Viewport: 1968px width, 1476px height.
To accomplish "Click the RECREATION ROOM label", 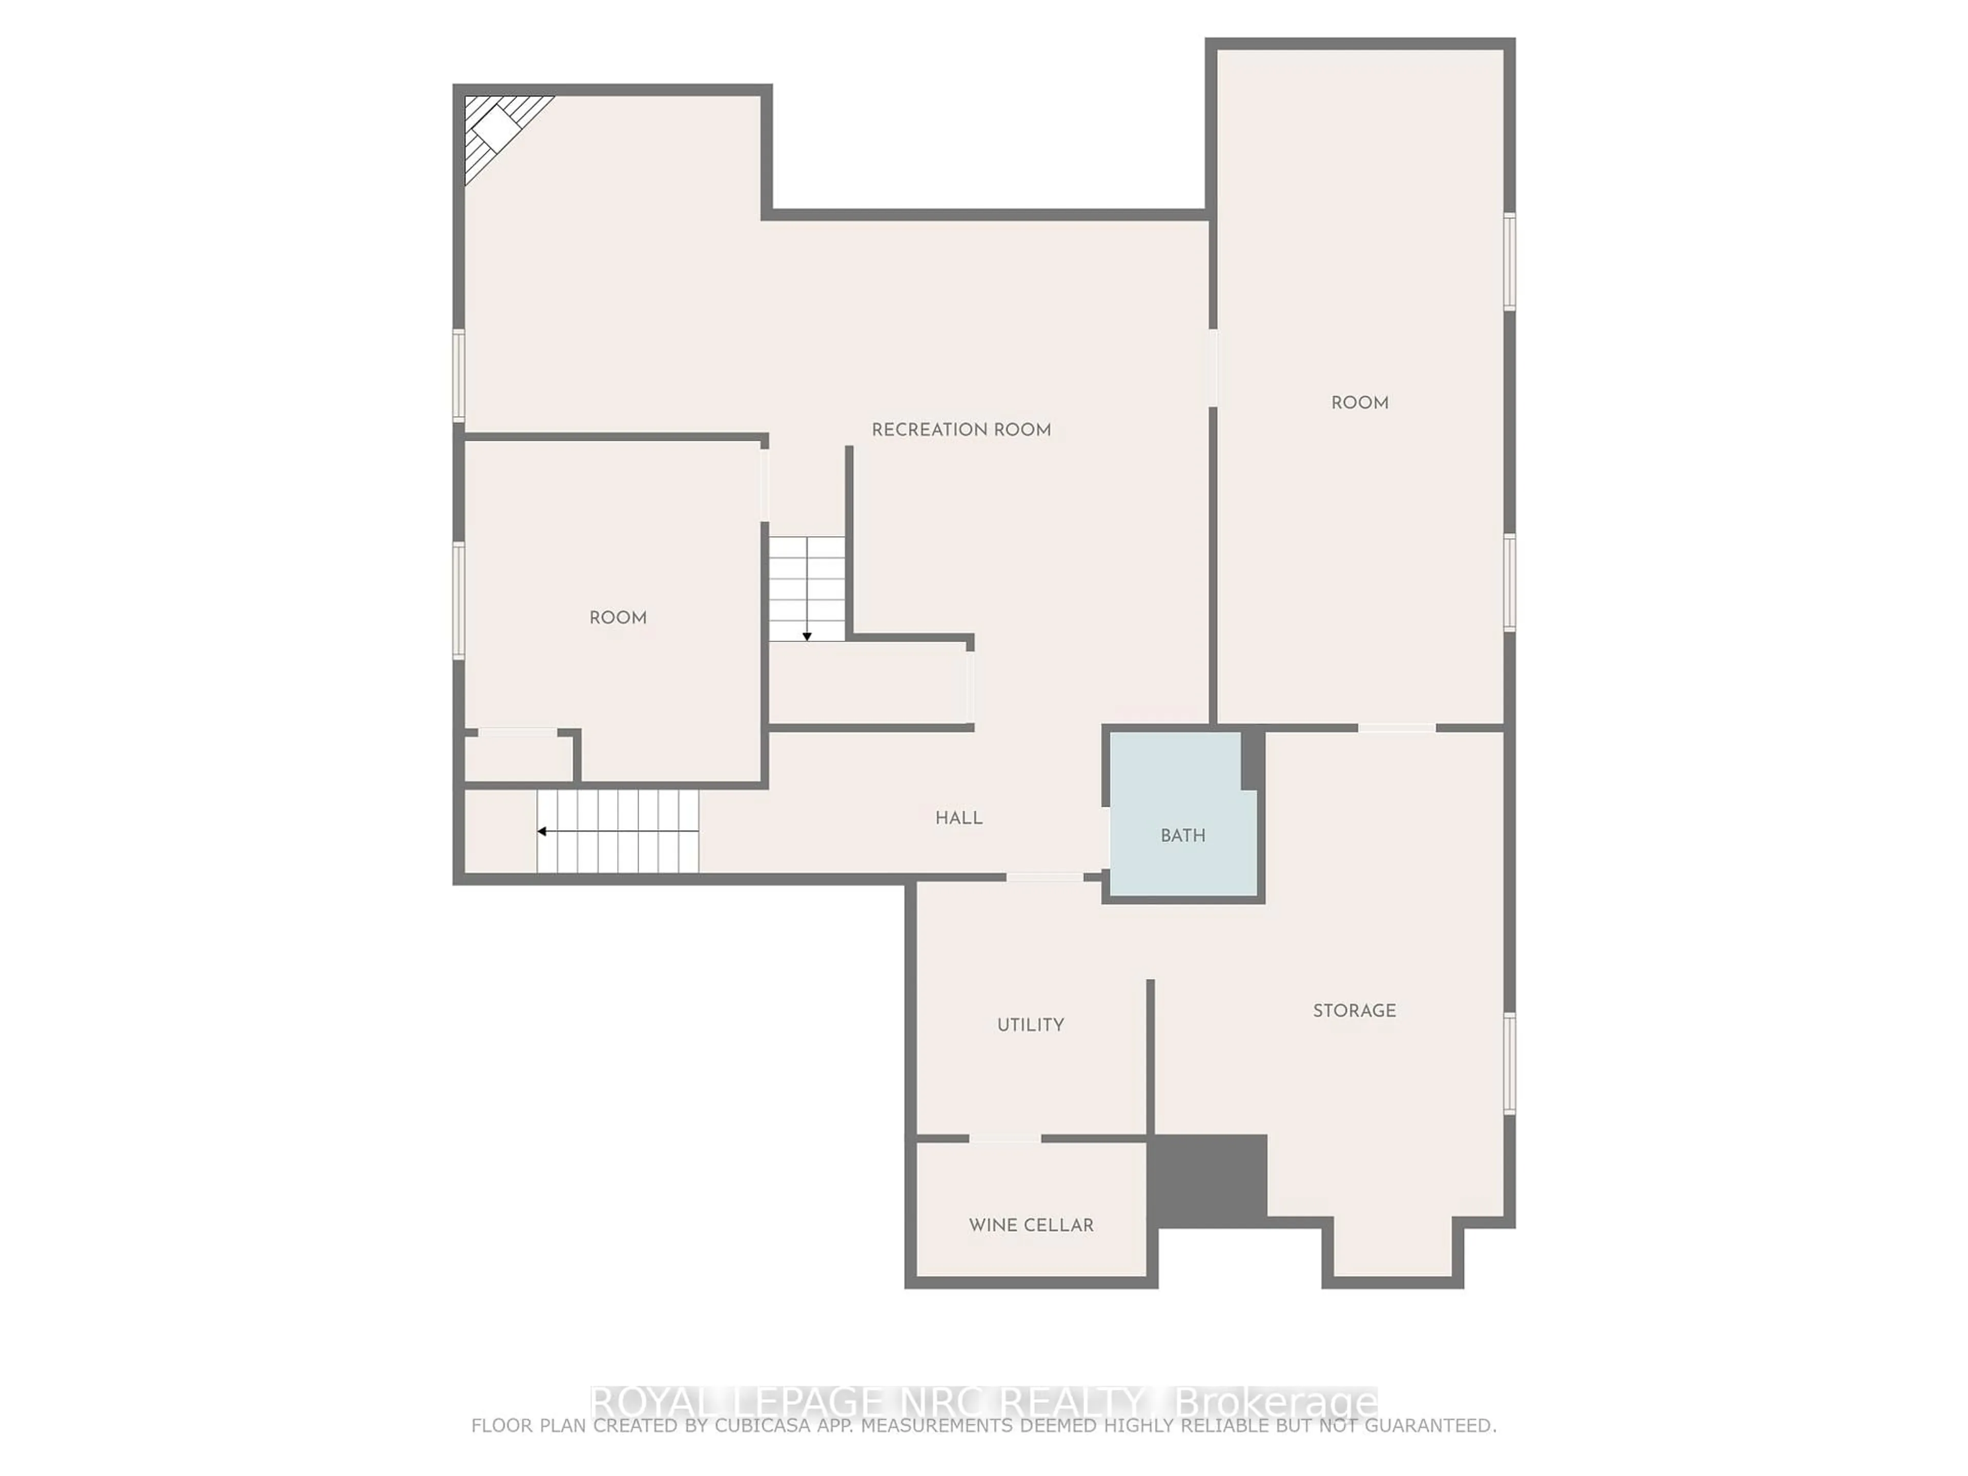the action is point(961,429).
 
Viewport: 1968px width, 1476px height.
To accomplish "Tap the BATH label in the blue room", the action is point(1182,835).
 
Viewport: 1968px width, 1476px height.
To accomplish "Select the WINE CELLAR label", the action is point(1031,1225).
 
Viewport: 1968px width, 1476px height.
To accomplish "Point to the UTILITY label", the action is point(1030,1025).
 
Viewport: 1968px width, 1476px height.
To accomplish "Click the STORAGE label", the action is point(1354,1011).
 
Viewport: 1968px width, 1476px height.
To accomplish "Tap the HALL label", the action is point(958,817).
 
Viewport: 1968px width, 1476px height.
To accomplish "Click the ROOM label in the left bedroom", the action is point(618,618).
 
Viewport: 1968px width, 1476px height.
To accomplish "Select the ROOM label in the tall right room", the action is point(1360,402).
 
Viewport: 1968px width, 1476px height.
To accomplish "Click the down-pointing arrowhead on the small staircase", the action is point(807,636).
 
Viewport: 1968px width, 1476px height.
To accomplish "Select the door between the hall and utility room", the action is point(1044,877).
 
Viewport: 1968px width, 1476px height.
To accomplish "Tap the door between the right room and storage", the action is point(1397,728).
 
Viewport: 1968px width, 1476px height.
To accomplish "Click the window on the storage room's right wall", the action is point(1510,1063).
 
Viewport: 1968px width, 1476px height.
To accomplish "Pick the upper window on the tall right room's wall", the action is point(1510,261).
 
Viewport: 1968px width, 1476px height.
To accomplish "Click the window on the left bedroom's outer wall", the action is point(459,601).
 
